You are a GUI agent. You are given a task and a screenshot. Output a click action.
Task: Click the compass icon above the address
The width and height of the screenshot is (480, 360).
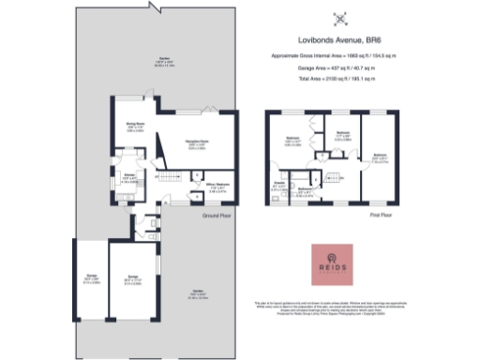pyautogui.click(x=343, y=16)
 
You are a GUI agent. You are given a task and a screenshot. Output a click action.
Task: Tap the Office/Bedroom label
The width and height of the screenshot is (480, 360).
pyautogui.click(x=217, y=186)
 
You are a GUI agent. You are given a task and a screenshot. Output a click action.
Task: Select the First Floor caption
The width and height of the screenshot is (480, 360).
pyautogui.click(x=380, y=214)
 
